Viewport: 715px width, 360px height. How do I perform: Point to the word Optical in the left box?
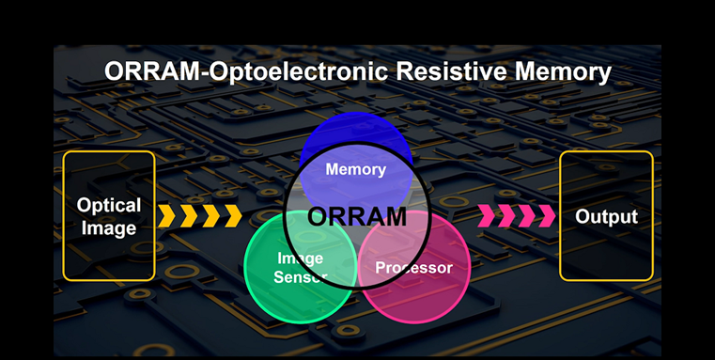point(109,206)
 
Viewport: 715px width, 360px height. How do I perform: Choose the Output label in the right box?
point(606,217)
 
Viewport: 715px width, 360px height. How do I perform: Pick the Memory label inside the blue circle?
point(355,170)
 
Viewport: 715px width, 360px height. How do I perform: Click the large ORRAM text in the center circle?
point(357,217)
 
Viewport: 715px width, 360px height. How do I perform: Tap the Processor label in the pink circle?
point(413,268)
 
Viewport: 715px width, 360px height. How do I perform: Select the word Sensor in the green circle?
point(300,276)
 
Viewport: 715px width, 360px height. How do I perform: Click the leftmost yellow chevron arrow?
point(167,217)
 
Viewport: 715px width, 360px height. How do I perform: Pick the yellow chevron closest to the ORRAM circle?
point(231,217)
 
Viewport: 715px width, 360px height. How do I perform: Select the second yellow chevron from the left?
point(189,217)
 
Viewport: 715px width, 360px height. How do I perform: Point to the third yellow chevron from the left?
point(210,217)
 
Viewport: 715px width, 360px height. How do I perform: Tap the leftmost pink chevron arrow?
point(488,217)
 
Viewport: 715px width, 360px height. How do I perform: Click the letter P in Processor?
point(380,268)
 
